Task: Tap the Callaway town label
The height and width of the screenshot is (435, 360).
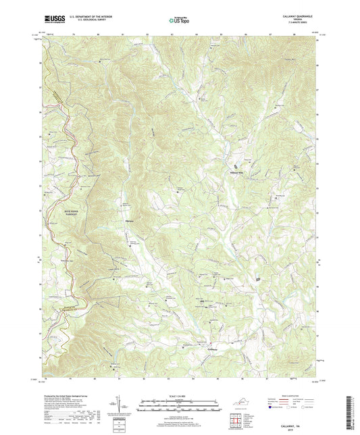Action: click(x=214, y=349)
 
